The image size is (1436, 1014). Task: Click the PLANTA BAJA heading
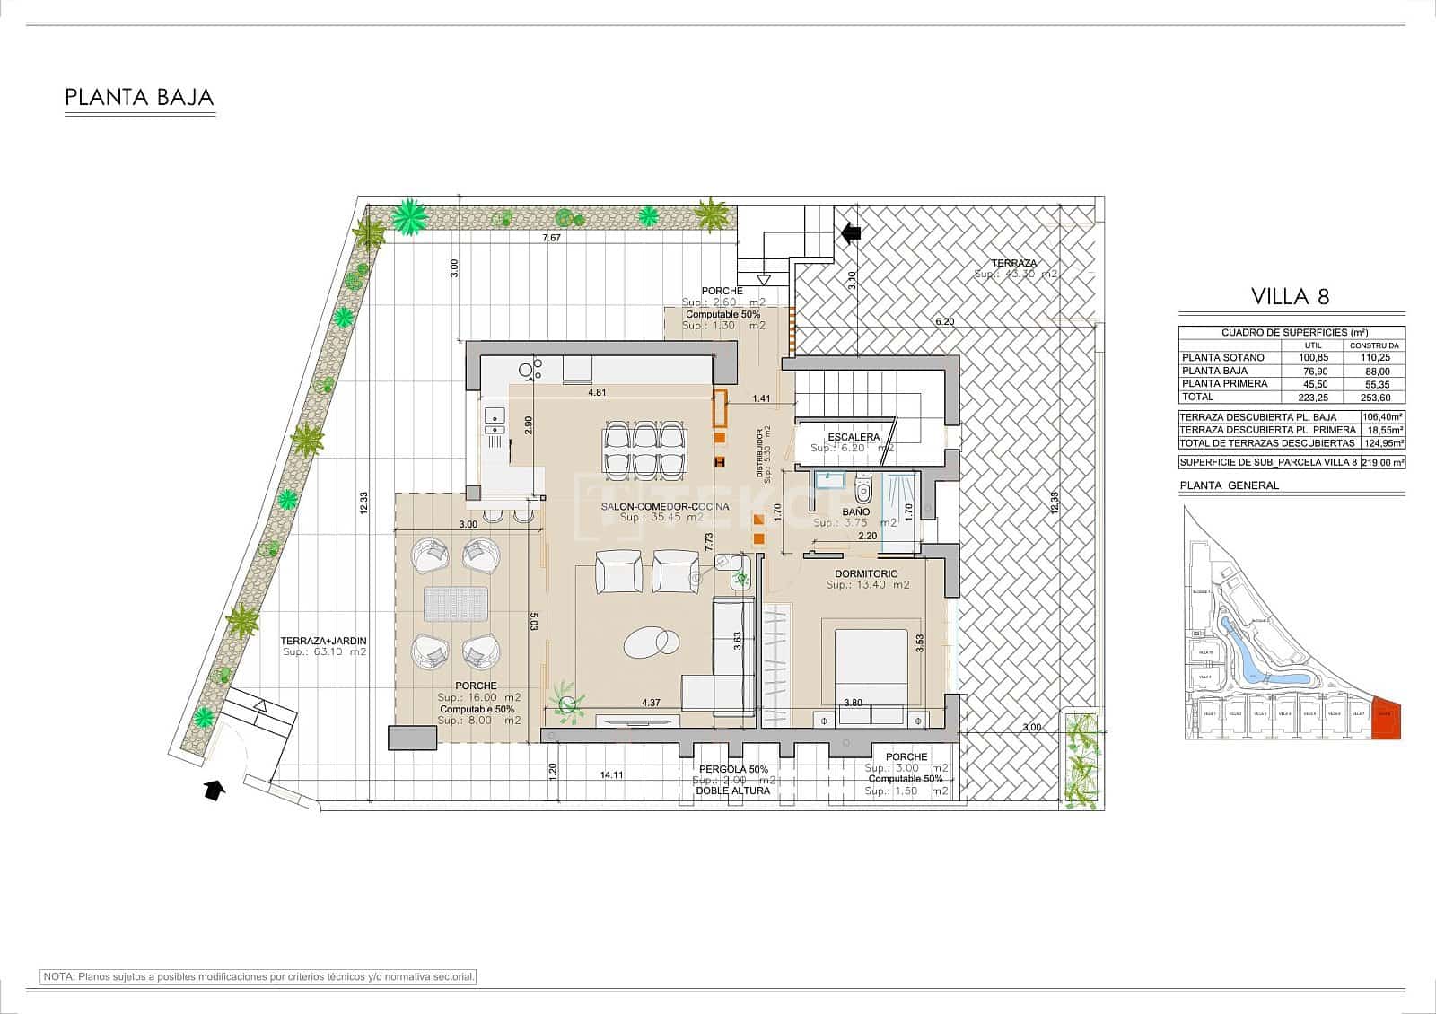coord(139,97)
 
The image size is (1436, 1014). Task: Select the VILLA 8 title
coord(1290,296)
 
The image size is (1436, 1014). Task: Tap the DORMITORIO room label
coord(865,573)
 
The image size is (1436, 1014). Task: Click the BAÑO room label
coord(855,512)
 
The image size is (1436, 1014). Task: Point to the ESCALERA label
coord(854,437)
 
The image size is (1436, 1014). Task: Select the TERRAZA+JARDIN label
coord(323,641)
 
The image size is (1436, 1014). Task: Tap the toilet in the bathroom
coord(863,490)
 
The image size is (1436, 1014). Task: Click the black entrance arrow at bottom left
coord(214,790)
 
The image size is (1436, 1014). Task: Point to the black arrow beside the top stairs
coord(851,233)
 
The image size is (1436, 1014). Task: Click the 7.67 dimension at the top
coord(551,238)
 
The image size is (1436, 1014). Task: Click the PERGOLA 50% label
coord(734,769)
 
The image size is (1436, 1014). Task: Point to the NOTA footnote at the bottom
coord(258,976)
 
